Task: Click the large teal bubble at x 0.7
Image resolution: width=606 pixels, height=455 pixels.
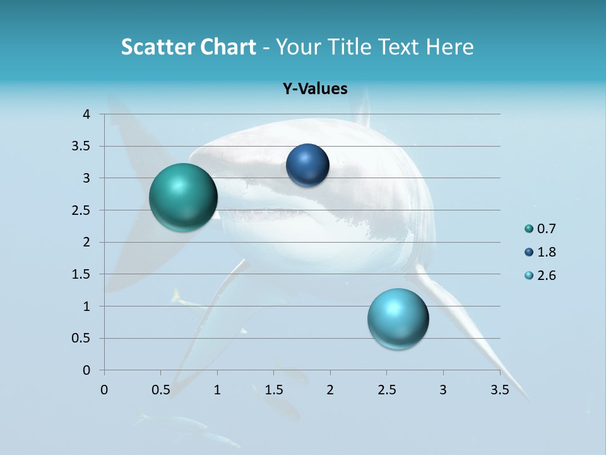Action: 183,197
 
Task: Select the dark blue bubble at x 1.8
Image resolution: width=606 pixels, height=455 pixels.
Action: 307,165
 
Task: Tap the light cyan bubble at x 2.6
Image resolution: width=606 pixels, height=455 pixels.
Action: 398,318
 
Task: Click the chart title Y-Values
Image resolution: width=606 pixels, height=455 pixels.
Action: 315,89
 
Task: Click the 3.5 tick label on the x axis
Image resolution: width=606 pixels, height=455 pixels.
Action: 500,390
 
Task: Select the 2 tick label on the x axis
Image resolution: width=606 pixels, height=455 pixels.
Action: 330,390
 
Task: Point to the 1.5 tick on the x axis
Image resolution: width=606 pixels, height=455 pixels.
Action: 273,390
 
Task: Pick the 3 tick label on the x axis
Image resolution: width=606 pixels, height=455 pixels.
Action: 443,390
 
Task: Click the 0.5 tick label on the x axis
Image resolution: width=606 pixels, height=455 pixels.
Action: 161,390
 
